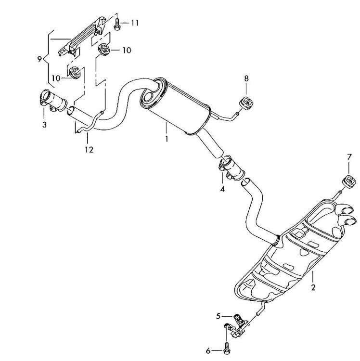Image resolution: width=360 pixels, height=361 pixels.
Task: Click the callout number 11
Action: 135,23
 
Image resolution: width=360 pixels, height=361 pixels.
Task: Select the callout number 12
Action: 89,150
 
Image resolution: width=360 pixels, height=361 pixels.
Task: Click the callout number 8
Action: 246,78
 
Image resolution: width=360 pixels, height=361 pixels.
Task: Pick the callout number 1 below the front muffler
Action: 166,140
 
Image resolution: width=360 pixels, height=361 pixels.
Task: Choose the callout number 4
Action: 222,189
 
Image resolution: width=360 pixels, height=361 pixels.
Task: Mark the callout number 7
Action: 349,157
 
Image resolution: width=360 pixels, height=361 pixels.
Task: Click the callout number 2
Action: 313,288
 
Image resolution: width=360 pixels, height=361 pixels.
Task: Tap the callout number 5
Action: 218,316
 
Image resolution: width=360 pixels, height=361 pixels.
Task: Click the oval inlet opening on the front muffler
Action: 147,100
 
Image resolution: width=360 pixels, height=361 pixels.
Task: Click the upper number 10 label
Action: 126,50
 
